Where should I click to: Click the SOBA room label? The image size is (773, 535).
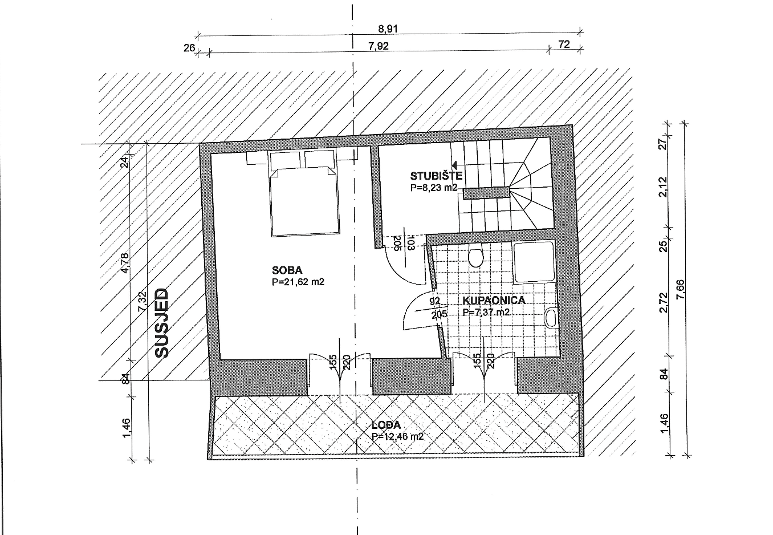pyautogui.click(x=287, y=270)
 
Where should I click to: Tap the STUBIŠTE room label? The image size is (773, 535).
pyautogui.click(x=436, y=176)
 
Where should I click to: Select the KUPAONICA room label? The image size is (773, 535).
pyautogui.click(x=494, y=300)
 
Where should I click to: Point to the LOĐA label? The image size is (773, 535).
pyautogui.click(x=386, y=425)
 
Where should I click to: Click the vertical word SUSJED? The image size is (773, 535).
pyautogui.click(x=161, y=323)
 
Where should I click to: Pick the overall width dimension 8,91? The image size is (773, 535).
pyautogui.click(x=388, y=29)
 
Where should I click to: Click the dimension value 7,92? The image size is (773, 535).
pyautogui.click(x=379, y=46)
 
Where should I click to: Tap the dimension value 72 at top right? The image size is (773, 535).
pyautogui.click(x=564, y=44)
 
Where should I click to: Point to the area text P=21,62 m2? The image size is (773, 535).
pyautogui.click(x=298, y=282)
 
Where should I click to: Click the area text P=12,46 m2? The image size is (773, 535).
pyautogui.click(x=397, y=436)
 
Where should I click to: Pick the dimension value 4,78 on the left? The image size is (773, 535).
pyautogui.click(x=125, y=263)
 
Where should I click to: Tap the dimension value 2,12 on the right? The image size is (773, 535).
pyautogui.click(x=663, y=187)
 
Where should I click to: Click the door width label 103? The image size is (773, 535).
pyautogui.click(x=410, y=243)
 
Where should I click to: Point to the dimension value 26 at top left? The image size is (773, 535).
pyautogui.click(x=189, y=48)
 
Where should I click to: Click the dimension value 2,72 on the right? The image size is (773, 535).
pyautogui.click(x=663, y=302)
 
